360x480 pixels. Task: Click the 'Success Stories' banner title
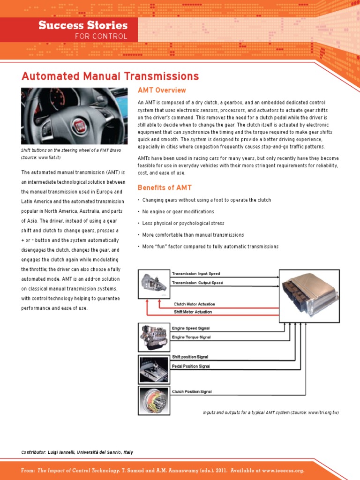82,25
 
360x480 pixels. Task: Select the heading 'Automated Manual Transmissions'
110,76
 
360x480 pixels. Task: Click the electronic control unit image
309,292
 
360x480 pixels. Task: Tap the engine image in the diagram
153,337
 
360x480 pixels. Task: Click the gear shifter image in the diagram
153,369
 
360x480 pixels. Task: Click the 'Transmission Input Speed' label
195,273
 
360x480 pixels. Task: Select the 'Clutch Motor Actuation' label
195,304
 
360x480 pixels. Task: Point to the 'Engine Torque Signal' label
191,337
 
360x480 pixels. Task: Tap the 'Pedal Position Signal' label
191,366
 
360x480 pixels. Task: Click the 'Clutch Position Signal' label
192,391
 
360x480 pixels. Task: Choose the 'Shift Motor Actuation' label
193,312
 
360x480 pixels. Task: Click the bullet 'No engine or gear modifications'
178,212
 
